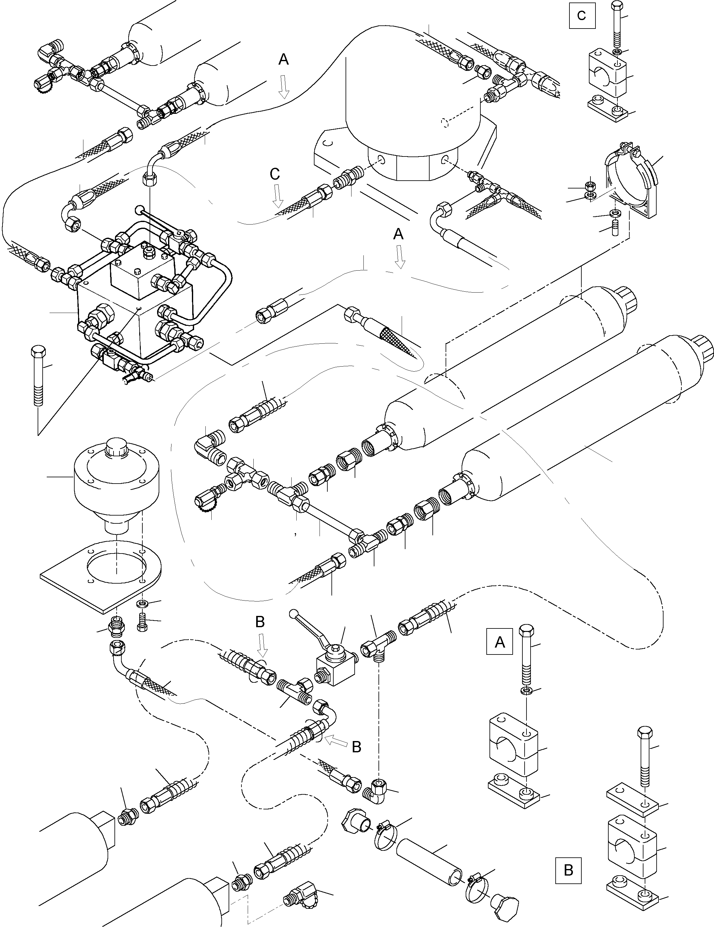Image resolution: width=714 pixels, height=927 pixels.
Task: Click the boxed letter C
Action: point(582,16)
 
